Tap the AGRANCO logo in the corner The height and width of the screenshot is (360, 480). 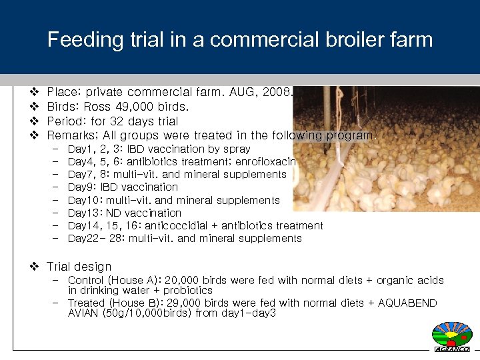(452, 337)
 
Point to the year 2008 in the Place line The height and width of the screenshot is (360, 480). (276, 92)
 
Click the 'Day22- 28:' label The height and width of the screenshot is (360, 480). (96, 239)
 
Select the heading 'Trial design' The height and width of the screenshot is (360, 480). (79, 267)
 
